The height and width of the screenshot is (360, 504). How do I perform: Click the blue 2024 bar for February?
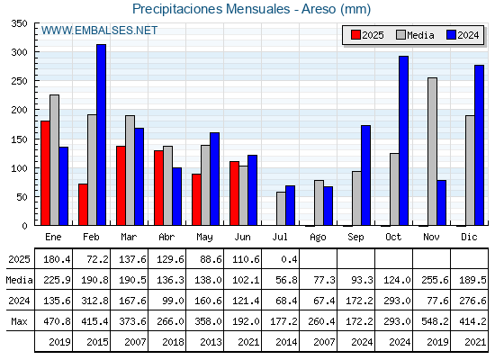pyautogui.click(x=101, y=135)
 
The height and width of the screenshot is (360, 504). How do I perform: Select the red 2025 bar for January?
pyautogui.click(x=45, y=173)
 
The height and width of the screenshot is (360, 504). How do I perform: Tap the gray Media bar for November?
pyautogui.click(x=432, y=151)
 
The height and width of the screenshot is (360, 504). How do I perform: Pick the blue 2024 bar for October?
pyautogui.click(x=404, y=140)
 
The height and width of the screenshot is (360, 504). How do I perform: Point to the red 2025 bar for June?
pyautogui.click(x=234, y=193)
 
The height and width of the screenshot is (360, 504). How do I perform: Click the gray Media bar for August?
pyautogui.click(x=319, y=202)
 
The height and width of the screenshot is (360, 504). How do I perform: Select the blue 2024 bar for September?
pyautogui.click(x=365, y=175)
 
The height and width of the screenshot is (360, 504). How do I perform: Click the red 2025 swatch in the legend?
pyautogui.click(x=355, y=35)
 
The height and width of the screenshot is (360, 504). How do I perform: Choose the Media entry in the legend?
pyautogui.click(x=415, y=35)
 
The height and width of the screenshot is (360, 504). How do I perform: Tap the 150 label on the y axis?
pyautogui.click(x=19, y=139)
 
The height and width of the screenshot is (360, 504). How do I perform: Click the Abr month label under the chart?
pyautogui.click(x=166, y=237)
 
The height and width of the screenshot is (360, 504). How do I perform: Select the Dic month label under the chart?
pyautogui.click(x=469, y=237)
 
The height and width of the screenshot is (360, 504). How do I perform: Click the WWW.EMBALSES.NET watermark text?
pyautogui.click(x=99, y=31)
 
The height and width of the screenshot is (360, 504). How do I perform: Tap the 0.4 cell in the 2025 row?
pyautogui.click(x=289, y=259)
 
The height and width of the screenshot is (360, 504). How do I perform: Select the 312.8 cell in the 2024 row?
pyautogui.click(x=94, y=301)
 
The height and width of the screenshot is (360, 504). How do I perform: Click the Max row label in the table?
pyautogui.click(x=19, y=321)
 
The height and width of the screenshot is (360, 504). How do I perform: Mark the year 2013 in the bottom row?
pyautogui.click(x=211, y=342)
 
